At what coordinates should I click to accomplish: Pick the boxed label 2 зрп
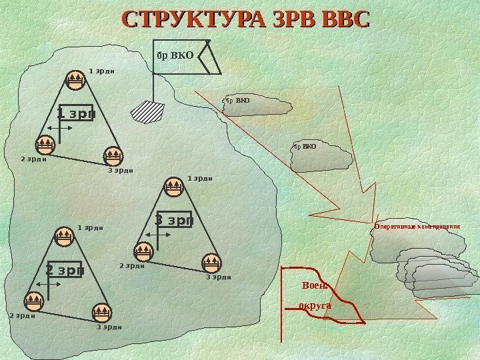tap(64, 270)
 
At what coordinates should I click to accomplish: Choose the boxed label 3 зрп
tap(173, 219)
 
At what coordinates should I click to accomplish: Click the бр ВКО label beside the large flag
tap(174, 56)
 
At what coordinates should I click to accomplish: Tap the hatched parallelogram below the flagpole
tap(147, 111)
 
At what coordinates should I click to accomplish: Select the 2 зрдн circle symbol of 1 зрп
tap(45, 143)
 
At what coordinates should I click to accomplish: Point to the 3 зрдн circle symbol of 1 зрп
tap(112, 155)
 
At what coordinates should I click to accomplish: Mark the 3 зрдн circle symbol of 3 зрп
tap(211, 261)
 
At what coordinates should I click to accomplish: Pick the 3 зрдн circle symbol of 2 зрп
tap(101, 313)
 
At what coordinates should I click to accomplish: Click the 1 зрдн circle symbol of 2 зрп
tap(63, 236)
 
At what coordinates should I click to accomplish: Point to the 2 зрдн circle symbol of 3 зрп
tap(143, 251)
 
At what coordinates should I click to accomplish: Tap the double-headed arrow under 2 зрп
tap(47, 285)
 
